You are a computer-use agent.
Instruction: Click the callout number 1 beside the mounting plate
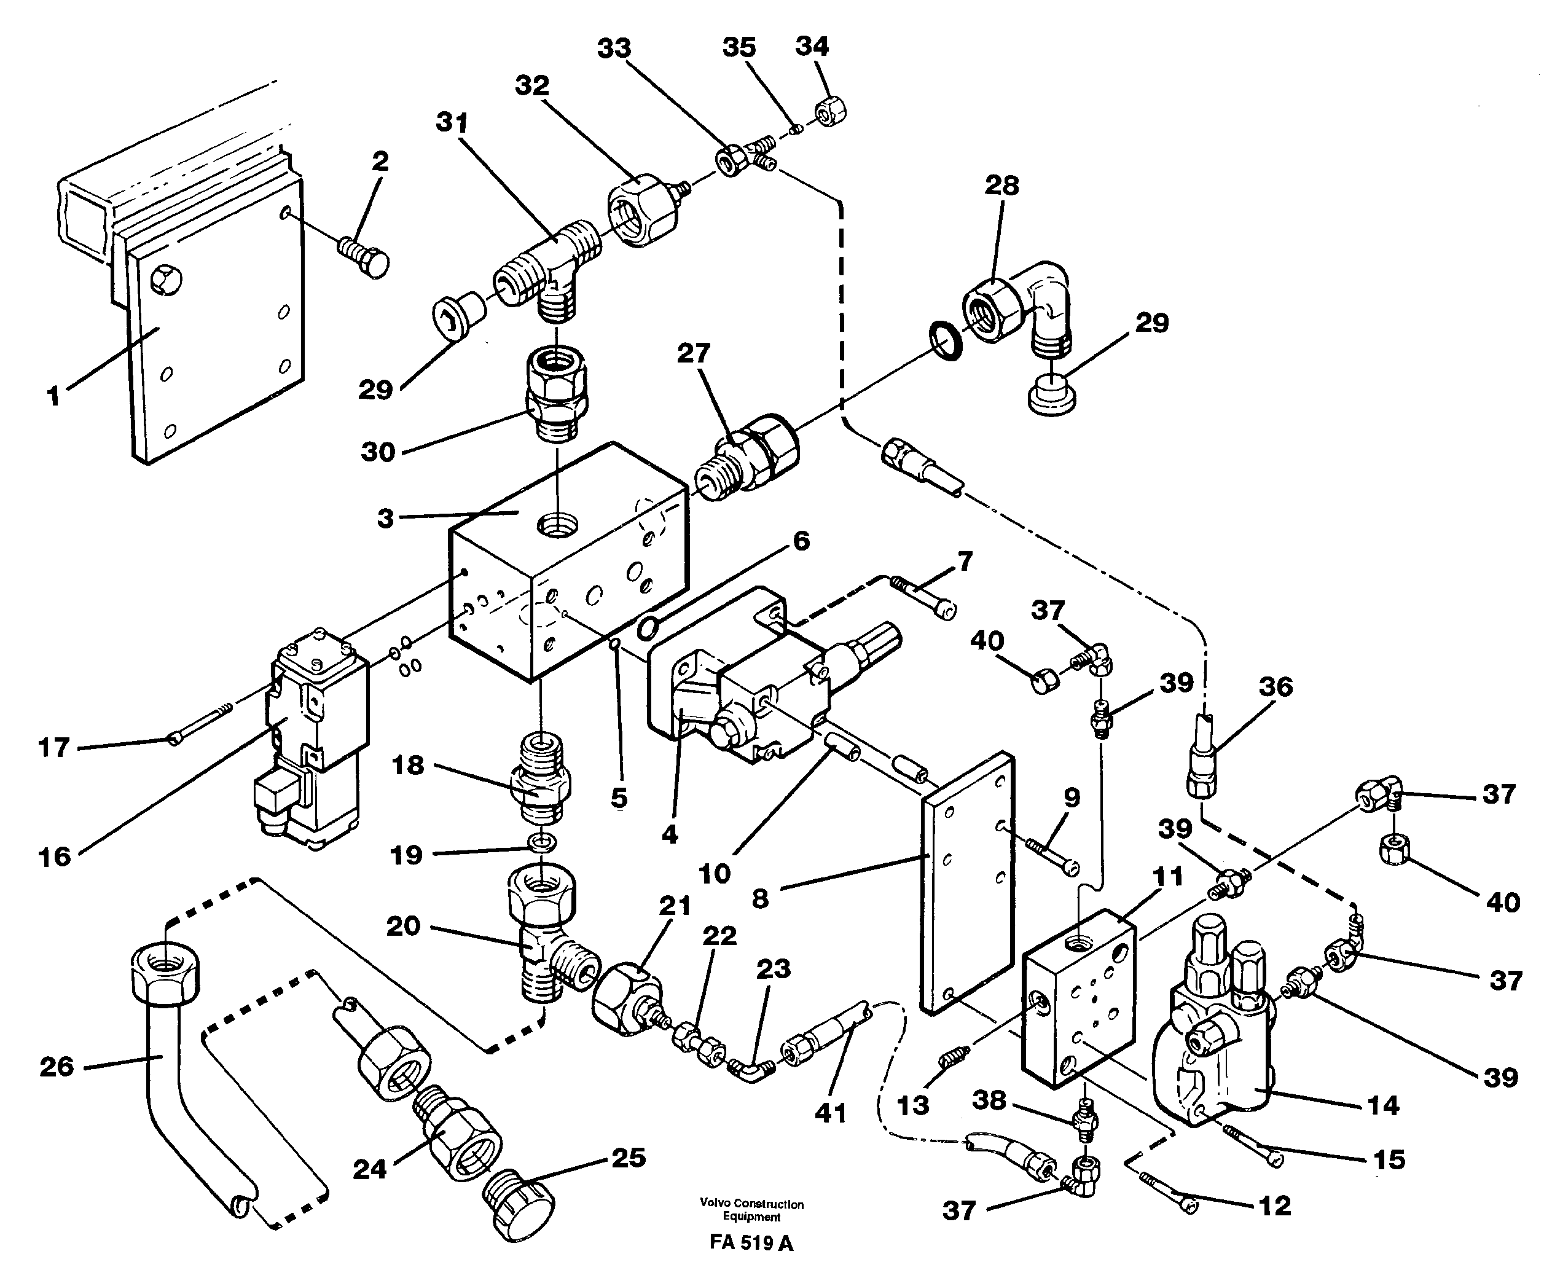pyautogui.click(x=53, y=397)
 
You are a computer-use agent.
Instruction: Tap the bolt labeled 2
pyautogui.click(x=364, y=255)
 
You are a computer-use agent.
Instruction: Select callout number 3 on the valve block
pyautogui.click(x=385, y=518)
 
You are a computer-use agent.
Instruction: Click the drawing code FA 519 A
pyautogui.click(x=751, y=1243)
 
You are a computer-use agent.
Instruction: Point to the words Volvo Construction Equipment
pyautogui.click(x=751, y=1210)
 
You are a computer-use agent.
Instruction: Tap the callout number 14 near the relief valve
pyautogui.click(x=1382, y=1105)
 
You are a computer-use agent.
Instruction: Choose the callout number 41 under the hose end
pyautogui.click(x=831, y=1113)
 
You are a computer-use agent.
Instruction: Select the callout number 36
pyautogui.click(x=1276, y=687)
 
